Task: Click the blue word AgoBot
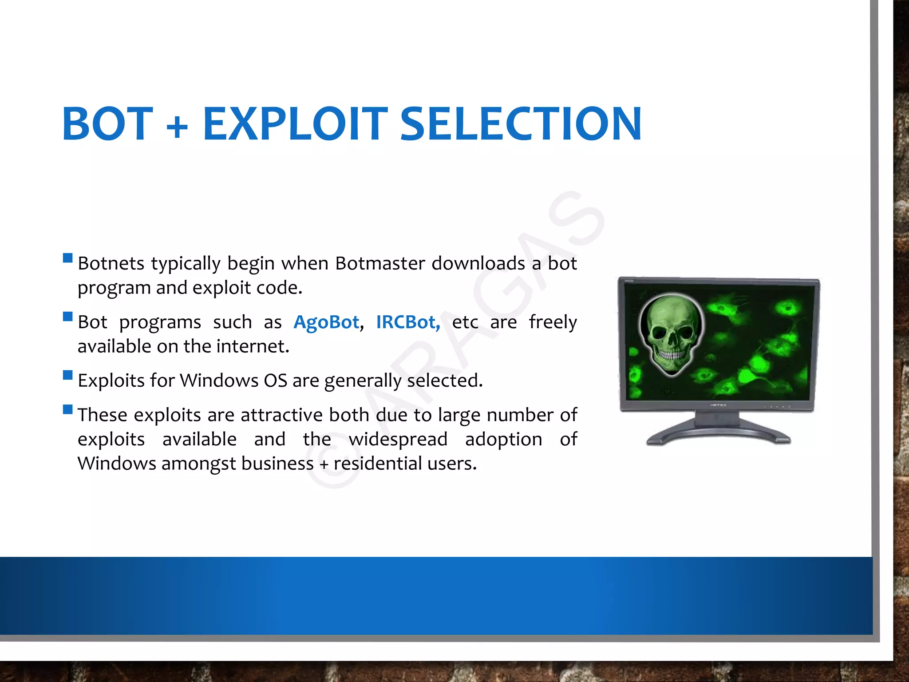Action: (326, 322)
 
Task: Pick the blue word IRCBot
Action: (408, 322)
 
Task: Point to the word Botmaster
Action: (380, 263)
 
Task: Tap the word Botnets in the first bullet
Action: (111, 263)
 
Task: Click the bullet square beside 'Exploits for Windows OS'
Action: (68, 375)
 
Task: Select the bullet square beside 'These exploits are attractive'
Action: (68, 409)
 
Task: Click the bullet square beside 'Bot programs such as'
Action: (68, 317)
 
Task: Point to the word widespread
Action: (398, 439)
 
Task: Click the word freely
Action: (553, 322)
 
